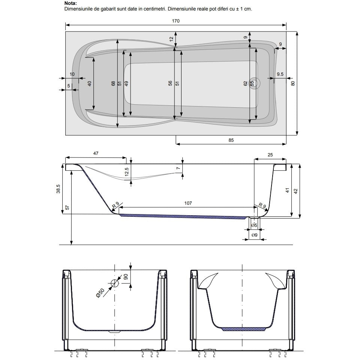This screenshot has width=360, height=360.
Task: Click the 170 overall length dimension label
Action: (x=175, y=21)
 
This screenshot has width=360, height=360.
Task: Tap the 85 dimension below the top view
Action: (x=231, y=140)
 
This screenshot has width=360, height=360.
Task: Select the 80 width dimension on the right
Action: (x=293, y=83)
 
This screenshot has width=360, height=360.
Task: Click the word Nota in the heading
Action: (x=70, y=3)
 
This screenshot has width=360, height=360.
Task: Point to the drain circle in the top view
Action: (x=255, y=83)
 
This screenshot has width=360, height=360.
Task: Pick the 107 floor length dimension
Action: (x=188, y=203)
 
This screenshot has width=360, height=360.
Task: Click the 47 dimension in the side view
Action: (x=96, y=153)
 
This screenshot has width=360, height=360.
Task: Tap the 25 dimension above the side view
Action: (x=270, y=155)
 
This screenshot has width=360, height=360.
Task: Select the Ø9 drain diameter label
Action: (x=254, y=235)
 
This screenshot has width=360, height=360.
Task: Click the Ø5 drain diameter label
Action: (x=254, y=225)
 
